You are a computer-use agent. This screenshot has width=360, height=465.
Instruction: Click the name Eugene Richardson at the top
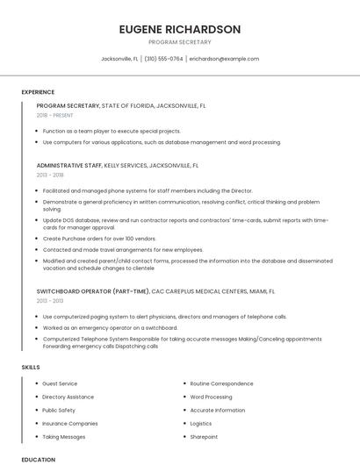pyautogui.click(x=179, y=29)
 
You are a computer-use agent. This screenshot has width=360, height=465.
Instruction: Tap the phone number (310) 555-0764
pyautogui.click(x=163, y=59)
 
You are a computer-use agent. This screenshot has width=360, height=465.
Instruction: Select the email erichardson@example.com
pyautogui.click(x=224, y=59)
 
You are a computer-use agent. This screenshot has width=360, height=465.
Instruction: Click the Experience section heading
pyautogui.click(x=38, y=92)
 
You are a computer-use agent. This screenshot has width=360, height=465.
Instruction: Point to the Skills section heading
pyautogui.click(x=30, y=367)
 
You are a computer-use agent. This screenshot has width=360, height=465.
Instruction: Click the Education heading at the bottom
pyautogui.click(x=38, y=459)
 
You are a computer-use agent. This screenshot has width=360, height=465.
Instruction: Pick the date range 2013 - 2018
pyautogui.click(x=50, y=175)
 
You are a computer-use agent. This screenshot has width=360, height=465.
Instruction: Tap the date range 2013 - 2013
pyautogui.click(x=50, y=301)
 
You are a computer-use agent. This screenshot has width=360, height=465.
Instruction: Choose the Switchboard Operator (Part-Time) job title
pyautogui.click(x=93, y=290)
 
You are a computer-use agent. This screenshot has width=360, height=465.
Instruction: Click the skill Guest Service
pyautogui.click(x=60, y=383)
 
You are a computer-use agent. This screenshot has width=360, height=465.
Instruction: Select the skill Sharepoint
pyautogui.click(x=205, y=436)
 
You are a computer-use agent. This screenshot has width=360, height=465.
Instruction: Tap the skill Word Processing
pyautogui.click(x=211, y=397)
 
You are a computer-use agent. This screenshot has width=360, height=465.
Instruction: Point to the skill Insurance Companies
pyautogui.click(x=70, y=423)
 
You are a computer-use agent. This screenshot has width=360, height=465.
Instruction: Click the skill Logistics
pyautogui.click(x=201, y=423)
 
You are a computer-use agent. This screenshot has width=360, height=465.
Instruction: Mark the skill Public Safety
pyautogui.click(x=59, y=410)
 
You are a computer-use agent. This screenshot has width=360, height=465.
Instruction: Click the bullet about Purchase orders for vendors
pyautogui.click(x=99, y=238)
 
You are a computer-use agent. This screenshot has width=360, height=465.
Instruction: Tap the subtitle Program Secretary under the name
pyautogui.click(x=179, y=42)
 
